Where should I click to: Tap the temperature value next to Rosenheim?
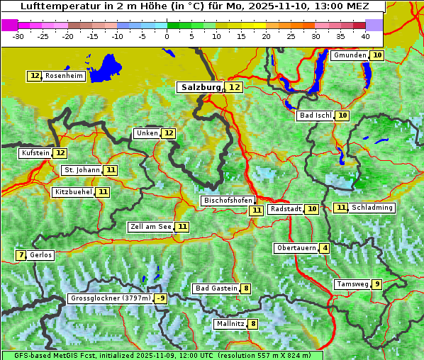click(35, 76)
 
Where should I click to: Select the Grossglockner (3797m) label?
click(111, 298)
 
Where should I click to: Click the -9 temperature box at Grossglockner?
click(161, 298)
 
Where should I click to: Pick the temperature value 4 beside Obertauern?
click(324, 248)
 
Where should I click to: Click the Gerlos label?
click(41, 255)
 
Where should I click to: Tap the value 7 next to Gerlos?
click(21, 255)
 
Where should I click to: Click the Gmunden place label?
click(350, 55)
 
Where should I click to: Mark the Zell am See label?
click(151, 227)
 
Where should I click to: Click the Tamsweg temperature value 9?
click(377, 284)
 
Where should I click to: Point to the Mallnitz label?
click(230, 324)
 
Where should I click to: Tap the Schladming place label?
click(372, 208)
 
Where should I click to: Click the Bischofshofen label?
click(228, 201)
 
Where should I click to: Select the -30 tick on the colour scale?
click(18, 36)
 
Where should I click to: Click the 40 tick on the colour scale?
click(365, 36)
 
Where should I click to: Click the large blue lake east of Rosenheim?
click(106, 67)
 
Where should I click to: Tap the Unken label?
click(147, 133)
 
